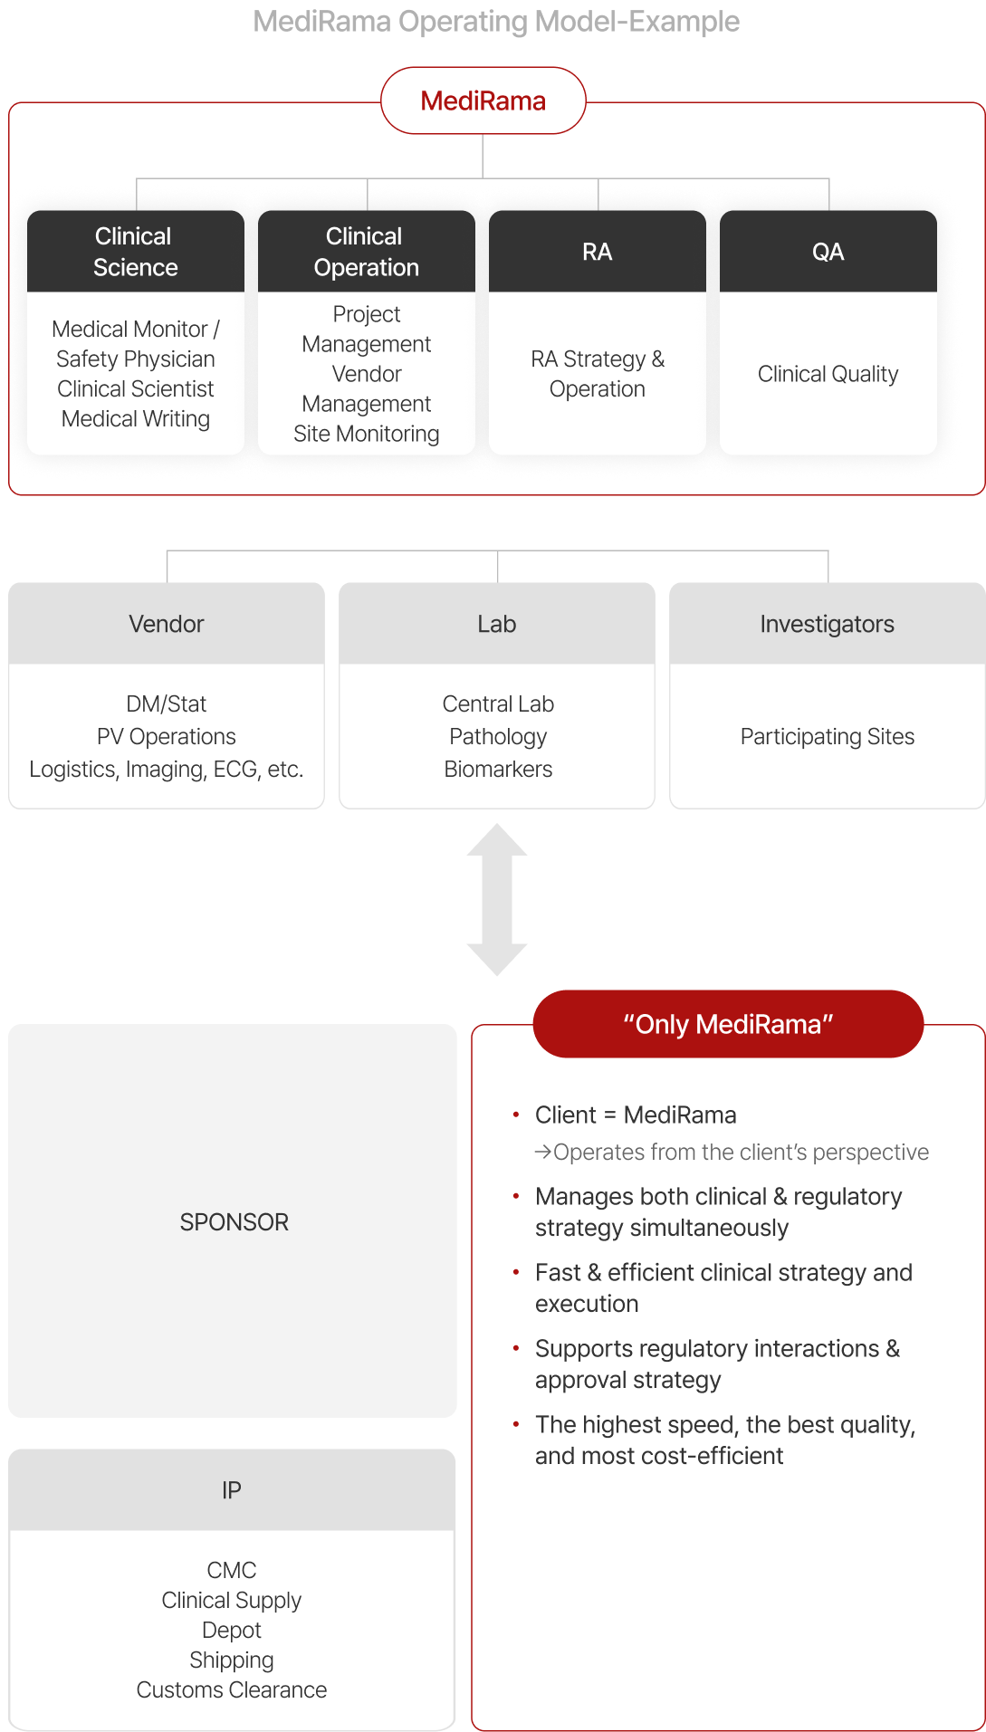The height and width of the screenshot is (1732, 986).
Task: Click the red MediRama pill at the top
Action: pyautogui.click(x=483, y=100)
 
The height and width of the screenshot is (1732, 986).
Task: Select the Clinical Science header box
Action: pyautogui.click(x=136, y=252)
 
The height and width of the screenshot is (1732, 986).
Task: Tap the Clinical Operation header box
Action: pyautogui.click(x=367, y=252)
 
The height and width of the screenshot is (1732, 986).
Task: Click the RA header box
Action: pyautogui.click(x=598, y=252)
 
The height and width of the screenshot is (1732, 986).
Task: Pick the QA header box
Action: pyautogui.click(x=828, y=252)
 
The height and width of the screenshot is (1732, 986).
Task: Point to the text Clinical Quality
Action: pyautogui.click(x=828, y=374)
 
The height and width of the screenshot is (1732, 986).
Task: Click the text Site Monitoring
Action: pyautogui.click(x=367, y=434)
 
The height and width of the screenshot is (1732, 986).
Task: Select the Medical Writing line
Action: pyautogui.click(x=136, y=418)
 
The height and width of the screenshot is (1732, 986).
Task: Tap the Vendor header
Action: pyautogui.click(x=167, y=624)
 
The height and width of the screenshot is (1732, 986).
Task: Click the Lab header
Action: pyautogui.click(x=497, y=624)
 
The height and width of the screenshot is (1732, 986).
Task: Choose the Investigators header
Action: pyautogui.click(x=827, y=624)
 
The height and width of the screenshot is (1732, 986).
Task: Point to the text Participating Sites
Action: pyautogui.click(x=827, y=736)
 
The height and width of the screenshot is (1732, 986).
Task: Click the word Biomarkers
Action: pyautogui.click(x=498, y=769)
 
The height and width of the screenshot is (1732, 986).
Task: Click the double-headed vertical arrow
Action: pyautogui.click(x=497, y=899)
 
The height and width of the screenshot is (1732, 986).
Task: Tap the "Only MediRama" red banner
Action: pyautogui.click(x=728, y=1024)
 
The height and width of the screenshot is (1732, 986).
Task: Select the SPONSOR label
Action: pyautogui.click(x=234, y=1221)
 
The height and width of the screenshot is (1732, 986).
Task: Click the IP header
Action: pyautogui.click(x=232, y=1489)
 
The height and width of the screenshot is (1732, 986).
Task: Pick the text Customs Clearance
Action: pyautogui.click(x=232, y=1689)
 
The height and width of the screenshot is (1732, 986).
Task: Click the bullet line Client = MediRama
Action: pyautogui.click(x=636, y=1115)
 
